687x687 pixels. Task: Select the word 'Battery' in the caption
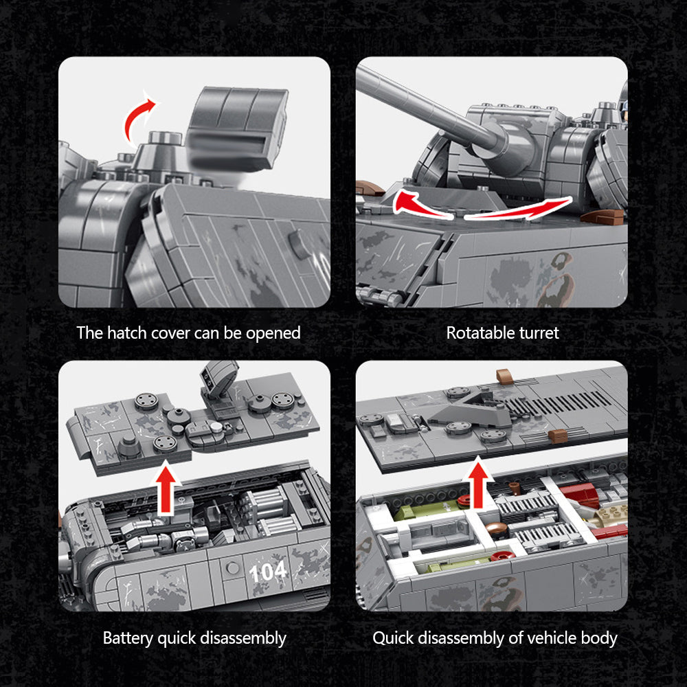coord(128,638)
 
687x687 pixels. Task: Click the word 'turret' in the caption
coord(539,333)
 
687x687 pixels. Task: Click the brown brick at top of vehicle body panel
coord(505,376)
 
